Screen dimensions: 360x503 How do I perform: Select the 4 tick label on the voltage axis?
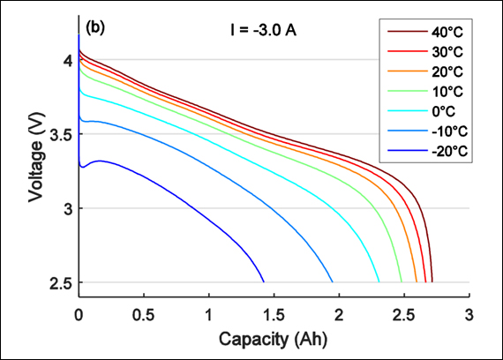(66, 60)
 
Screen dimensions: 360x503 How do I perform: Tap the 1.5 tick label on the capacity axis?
(274, 313)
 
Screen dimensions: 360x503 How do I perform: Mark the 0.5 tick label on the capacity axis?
(144, 313)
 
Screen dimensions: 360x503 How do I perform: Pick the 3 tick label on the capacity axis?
(469, 313)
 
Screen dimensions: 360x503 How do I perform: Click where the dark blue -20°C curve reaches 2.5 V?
(264, 281)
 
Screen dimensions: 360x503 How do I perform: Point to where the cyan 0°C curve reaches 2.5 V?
(379, 281)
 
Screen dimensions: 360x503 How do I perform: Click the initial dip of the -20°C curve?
(81, 166)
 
